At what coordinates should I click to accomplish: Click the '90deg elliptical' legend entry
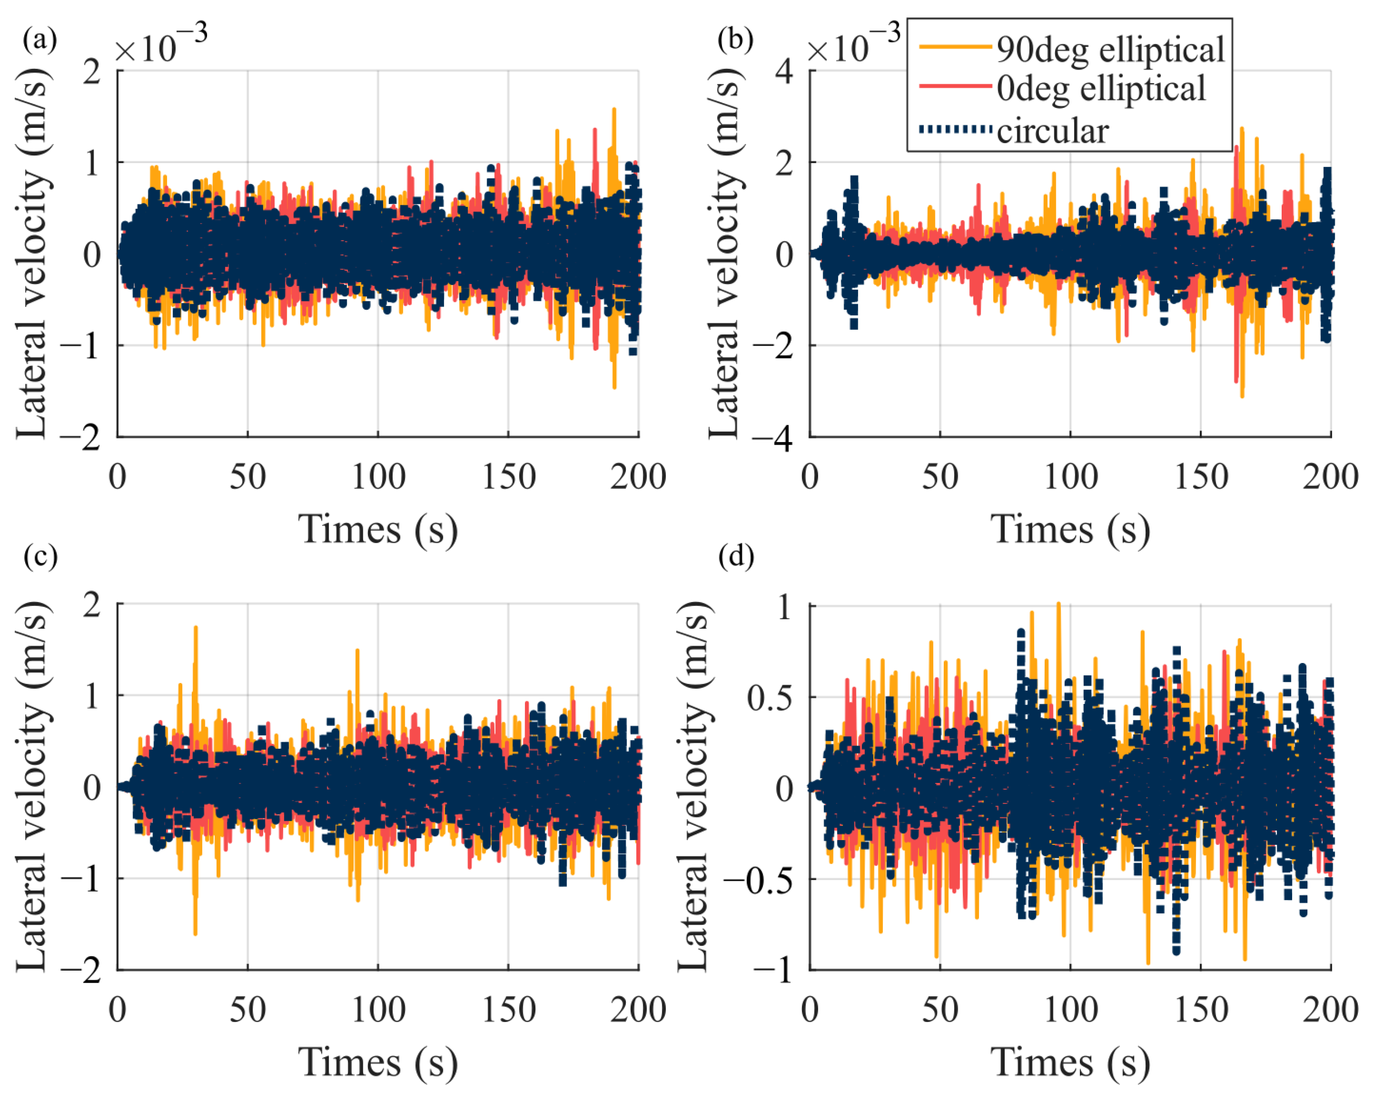(x=1110, y=50)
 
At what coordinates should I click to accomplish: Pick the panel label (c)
(x=40, y=556)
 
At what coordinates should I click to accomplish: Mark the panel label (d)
(x=735, y=556)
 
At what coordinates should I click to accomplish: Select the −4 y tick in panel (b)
(x=772, y=438)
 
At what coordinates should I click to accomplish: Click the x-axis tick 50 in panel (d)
(x=940, y=1010)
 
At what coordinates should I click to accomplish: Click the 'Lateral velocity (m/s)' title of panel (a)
(x=32, y=254)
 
